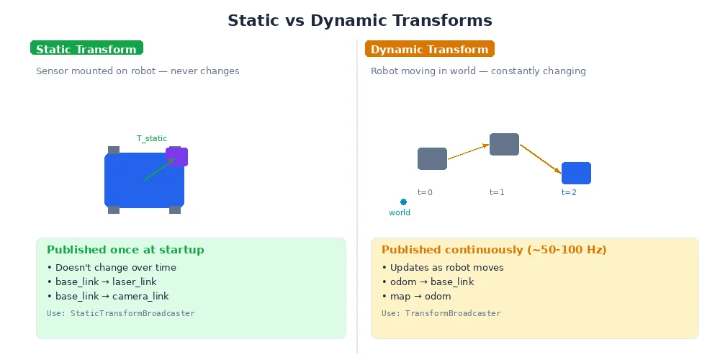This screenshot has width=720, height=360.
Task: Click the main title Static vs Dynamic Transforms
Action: click(360, 21)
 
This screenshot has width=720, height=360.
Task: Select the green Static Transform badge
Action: click(86, 49)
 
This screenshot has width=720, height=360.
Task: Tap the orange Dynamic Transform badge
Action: click(430, 49)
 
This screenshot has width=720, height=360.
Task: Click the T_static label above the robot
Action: click(152, 138)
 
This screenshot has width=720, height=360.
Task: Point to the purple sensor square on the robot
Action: click(177, 156)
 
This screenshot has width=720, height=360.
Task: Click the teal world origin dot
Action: click(403, 202)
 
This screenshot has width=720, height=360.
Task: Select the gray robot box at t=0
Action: click(432, 158)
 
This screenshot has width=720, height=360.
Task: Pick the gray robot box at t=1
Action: click(504, 144)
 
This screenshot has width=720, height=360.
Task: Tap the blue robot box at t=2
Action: click(576, 173)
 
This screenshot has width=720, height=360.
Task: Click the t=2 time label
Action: click(569, 192)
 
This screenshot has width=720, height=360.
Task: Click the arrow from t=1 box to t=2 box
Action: click(540, 158)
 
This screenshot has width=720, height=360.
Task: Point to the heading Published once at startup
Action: click(125, 250)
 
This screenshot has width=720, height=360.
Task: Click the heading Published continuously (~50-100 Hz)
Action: click(494, 250)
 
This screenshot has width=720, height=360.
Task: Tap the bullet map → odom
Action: click(416, 296)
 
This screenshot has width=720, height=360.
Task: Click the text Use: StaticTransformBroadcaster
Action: click(120, 313)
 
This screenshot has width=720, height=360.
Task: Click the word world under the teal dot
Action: click(400, 212)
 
